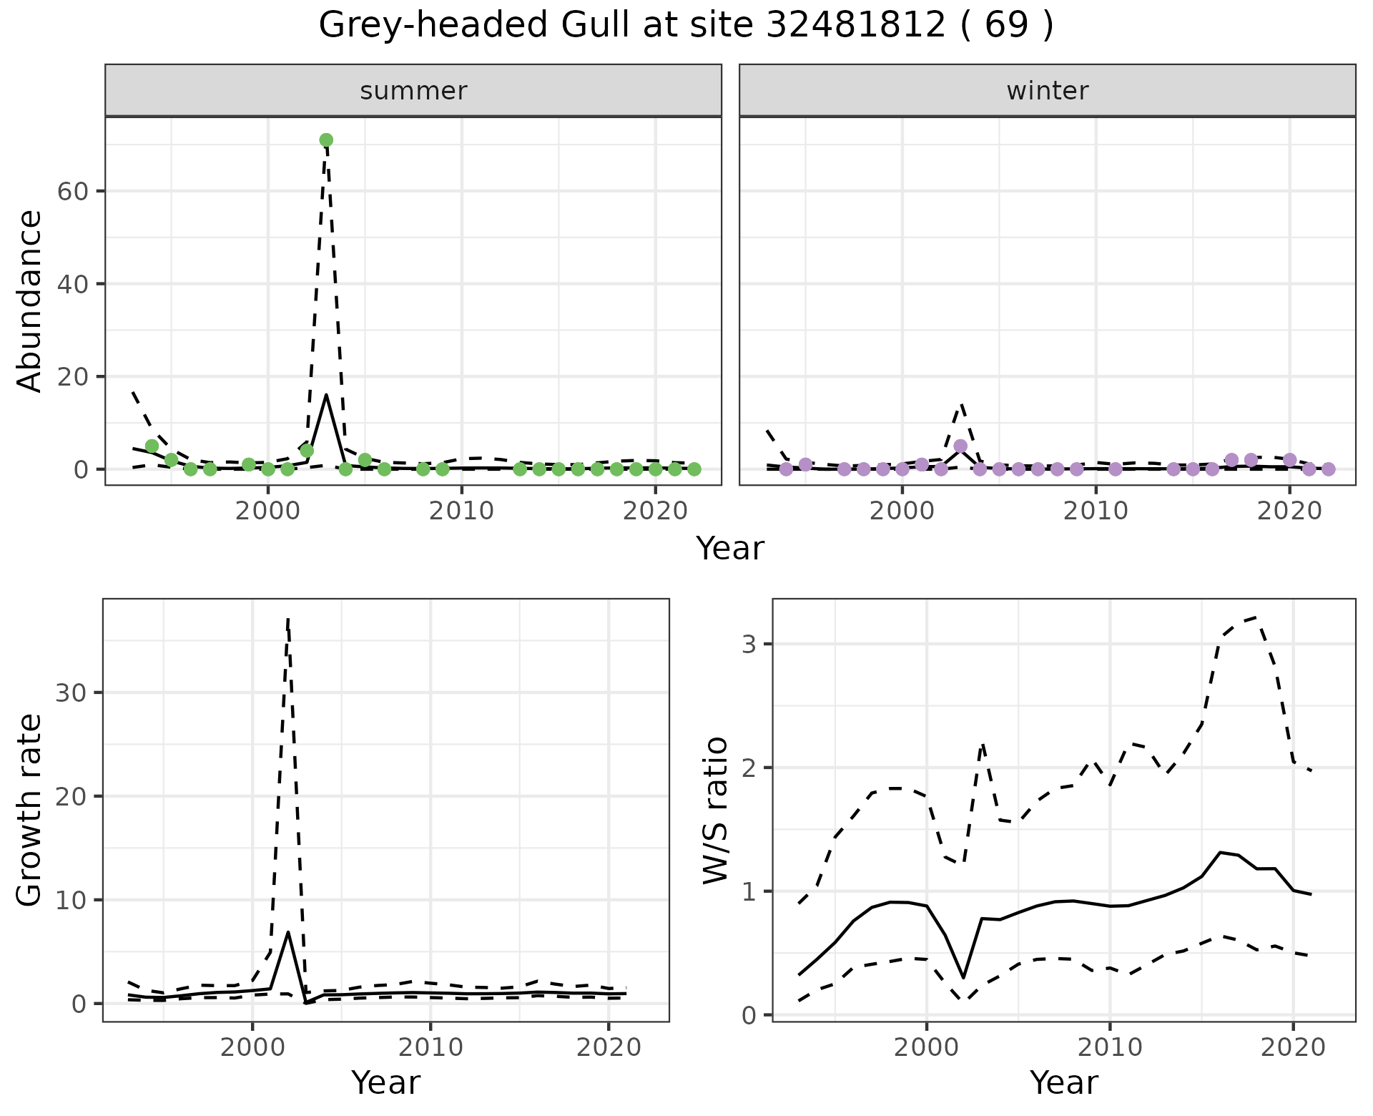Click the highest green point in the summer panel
(x=326, y=139)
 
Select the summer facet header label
(x=413, y=91)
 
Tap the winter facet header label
(x=1047, y=91)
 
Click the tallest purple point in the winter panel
(x=960, y=446)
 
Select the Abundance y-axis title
(x=30, y=300)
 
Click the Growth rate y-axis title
(x=30, y=810)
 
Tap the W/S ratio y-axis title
(x=715, y=810)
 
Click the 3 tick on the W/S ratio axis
(x=748, y=644)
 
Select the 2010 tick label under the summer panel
(x=461, y=511)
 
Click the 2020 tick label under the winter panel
(x=1289, y=511)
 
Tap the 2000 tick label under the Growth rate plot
(x=252, y=1047)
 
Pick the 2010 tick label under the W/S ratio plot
(x=1109, y=1047)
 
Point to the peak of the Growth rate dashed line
(x=287, y=620)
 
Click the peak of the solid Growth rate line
(x=287, y=932)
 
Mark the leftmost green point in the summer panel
(x=152, y=446)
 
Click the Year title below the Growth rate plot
(x=385, y=1082)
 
